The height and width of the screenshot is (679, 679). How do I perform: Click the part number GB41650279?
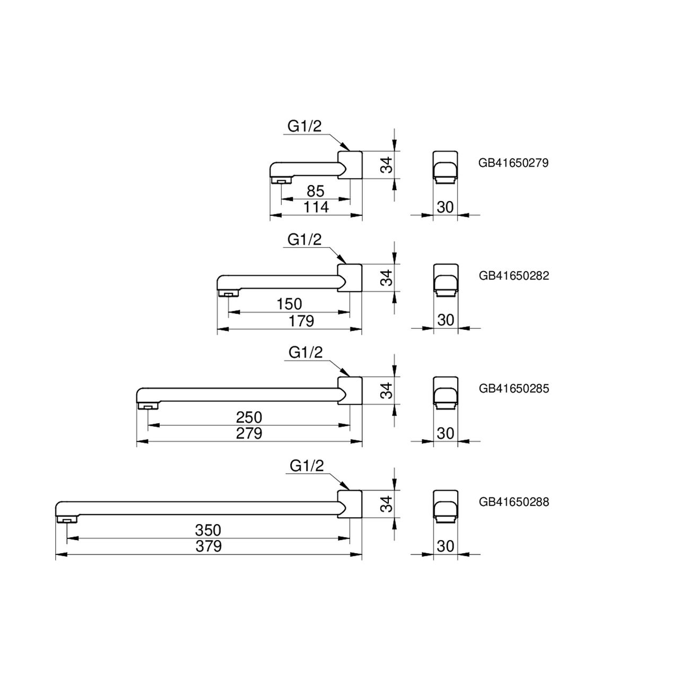tap(513, 163)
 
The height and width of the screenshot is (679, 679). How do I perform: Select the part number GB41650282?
tap(513, 276)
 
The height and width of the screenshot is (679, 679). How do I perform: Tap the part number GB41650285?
tap(513, 388)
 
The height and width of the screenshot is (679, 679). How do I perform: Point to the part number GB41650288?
tap(513, 502)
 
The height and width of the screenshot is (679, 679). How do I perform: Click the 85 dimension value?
tap(315, 191)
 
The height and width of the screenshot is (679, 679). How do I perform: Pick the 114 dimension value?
tap(316, 207)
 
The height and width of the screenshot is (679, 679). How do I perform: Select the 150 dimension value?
tap(289, 304)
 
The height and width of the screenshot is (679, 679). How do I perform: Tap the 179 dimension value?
tap(301, 320)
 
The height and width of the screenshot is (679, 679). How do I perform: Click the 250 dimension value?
tap(249, 417)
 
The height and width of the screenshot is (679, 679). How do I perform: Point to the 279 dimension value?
tap(249, 433)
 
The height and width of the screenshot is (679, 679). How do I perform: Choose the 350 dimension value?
tap(208, 530)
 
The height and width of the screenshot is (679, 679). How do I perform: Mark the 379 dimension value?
tap(208, 546)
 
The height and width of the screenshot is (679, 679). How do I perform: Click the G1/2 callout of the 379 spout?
tap(307, 466)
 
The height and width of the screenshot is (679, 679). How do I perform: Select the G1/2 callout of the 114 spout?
tap(304, 126)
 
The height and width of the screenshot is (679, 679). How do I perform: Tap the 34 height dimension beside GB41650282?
tap(388, 277)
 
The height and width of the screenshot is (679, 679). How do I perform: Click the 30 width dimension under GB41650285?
tap(446, 433)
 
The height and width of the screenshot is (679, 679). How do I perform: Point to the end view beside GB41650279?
tap(445, 167)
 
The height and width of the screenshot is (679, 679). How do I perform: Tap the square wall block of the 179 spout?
tap(350, 277)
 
